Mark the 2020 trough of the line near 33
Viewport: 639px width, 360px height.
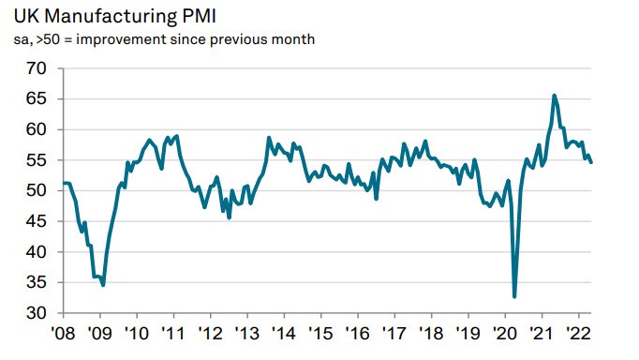(x=515, y=296)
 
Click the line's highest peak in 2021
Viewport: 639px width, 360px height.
(x=555, y=95)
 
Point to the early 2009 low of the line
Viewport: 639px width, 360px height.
(x=103, y=285)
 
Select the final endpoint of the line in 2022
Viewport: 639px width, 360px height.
(x=591, y=162)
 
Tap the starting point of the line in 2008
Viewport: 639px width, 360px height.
(x=63, y=183)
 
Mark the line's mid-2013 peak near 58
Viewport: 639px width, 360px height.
(x=269, y=138)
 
